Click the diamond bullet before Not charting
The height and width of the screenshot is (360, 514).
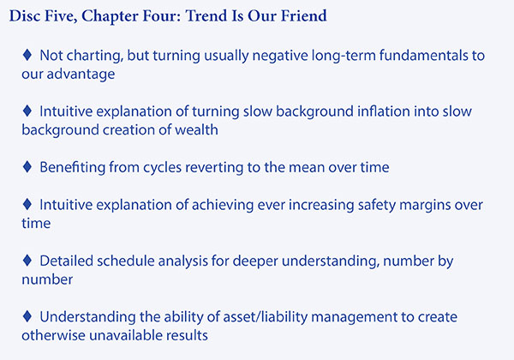(x=27, y=54)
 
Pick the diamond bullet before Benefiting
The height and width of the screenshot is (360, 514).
(x=27, y=166)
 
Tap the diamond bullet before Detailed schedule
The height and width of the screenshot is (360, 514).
(x=27, y=261)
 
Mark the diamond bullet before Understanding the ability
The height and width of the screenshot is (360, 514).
(x=27, y=316)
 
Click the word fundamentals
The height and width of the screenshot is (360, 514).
(x=424, y=55)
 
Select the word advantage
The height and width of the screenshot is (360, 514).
(x=81, y=75)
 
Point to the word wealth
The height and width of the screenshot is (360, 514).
(x=196, y=129)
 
